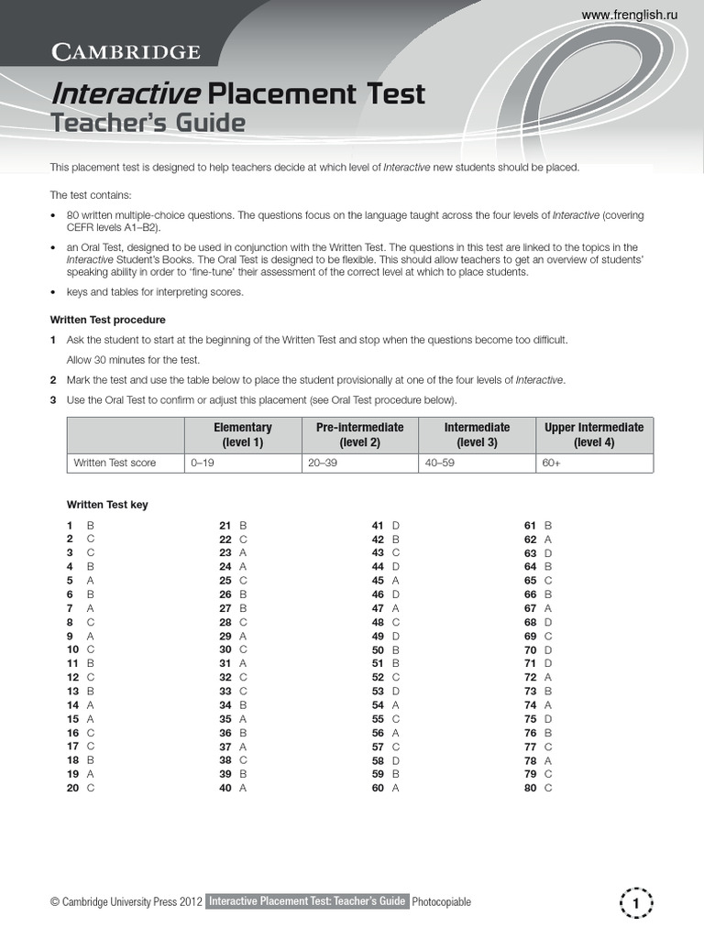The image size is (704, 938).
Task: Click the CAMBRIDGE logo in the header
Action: tap(125, 51)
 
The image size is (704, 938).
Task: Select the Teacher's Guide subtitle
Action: tap(148, 123)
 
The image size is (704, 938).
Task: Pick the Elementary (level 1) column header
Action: tap(243, 434)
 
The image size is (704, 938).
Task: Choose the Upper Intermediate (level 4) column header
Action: tap(594, 434)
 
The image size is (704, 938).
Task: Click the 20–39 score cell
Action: tap(323, 463)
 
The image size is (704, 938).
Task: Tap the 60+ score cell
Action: tap(551, 463)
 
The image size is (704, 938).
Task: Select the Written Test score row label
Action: tap(115, 463)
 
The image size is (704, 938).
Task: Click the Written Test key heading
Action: tap(107, 505)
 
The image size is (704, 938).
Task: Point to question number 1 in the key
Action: tap(70, 526)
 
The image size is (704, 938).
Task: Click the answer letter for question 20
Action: tap(90, 788)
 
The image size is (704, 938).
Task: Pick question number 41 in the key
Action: tap(377, 526)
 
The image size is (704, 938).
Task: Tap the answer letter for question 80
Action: tap(548, 788)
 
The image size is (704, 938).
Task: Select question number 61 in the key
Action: tap(530, 526)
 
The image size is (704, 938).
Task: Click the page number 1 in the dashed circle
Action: tap(635, 902)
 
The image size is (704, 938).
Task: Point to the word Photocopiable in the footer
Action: tap(442, 902)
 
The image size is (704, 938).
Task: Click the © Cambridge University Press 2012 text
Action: tap(126, 902)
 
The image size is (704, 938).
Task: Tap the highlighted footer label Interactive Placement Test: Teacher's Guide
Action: tap(307, 902)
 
